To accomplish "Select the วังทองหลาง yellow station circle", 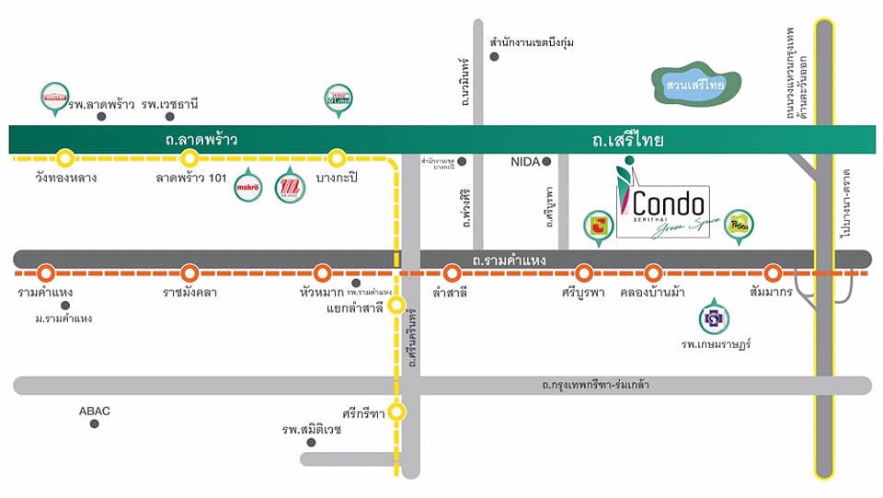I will [65, 157].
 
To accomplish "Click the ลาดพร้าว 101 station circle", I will [190, 157].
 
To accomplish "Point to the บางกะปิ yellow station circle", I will [337, 157].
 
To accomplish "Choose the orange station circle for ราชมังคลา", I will [190, 272].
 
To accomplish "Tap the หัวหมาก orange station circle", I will [322, 272].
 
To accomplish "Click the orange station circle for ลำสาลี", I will [452, 272].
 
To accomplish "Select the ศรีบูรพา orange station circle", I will [583, 272].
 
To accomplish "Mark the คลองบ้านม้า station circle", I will [653, 272].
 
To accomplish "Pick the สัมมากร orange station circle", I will [773, 272].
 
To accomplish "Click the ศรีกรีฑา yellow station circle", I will [396, 411].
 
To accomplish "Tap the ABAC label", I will [95, 411].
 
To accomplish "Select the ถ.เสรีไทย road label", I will [629, 141].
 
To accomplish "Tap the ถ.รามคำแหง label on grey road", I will [509, 261].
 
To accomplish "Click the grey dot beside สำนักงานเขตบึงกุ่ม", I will [494, 57].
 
